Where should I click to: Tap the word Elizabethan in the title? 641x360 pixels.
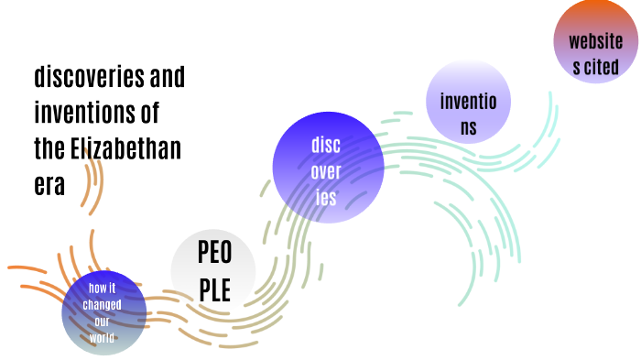pos(125,149)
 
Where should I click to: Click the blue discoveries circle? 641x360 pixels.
pos(327,171)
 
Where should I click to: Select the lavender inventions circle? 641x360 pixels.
pos(468,103)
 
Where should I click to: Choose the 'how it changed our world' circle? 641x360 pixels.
pos(103,313)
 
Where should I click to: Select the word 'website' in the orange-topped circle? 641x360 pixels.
pos(595,41)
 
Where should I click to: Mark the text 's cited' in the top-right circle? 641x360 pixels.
pos(595,66)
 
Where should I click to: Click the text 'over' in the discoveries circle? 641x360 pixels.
pos(327,171)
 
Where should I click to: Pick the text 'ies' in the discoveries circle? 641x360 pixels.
pos(327,197)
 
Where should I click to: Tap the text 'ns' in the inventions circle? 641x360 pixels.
pos(468,127)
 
